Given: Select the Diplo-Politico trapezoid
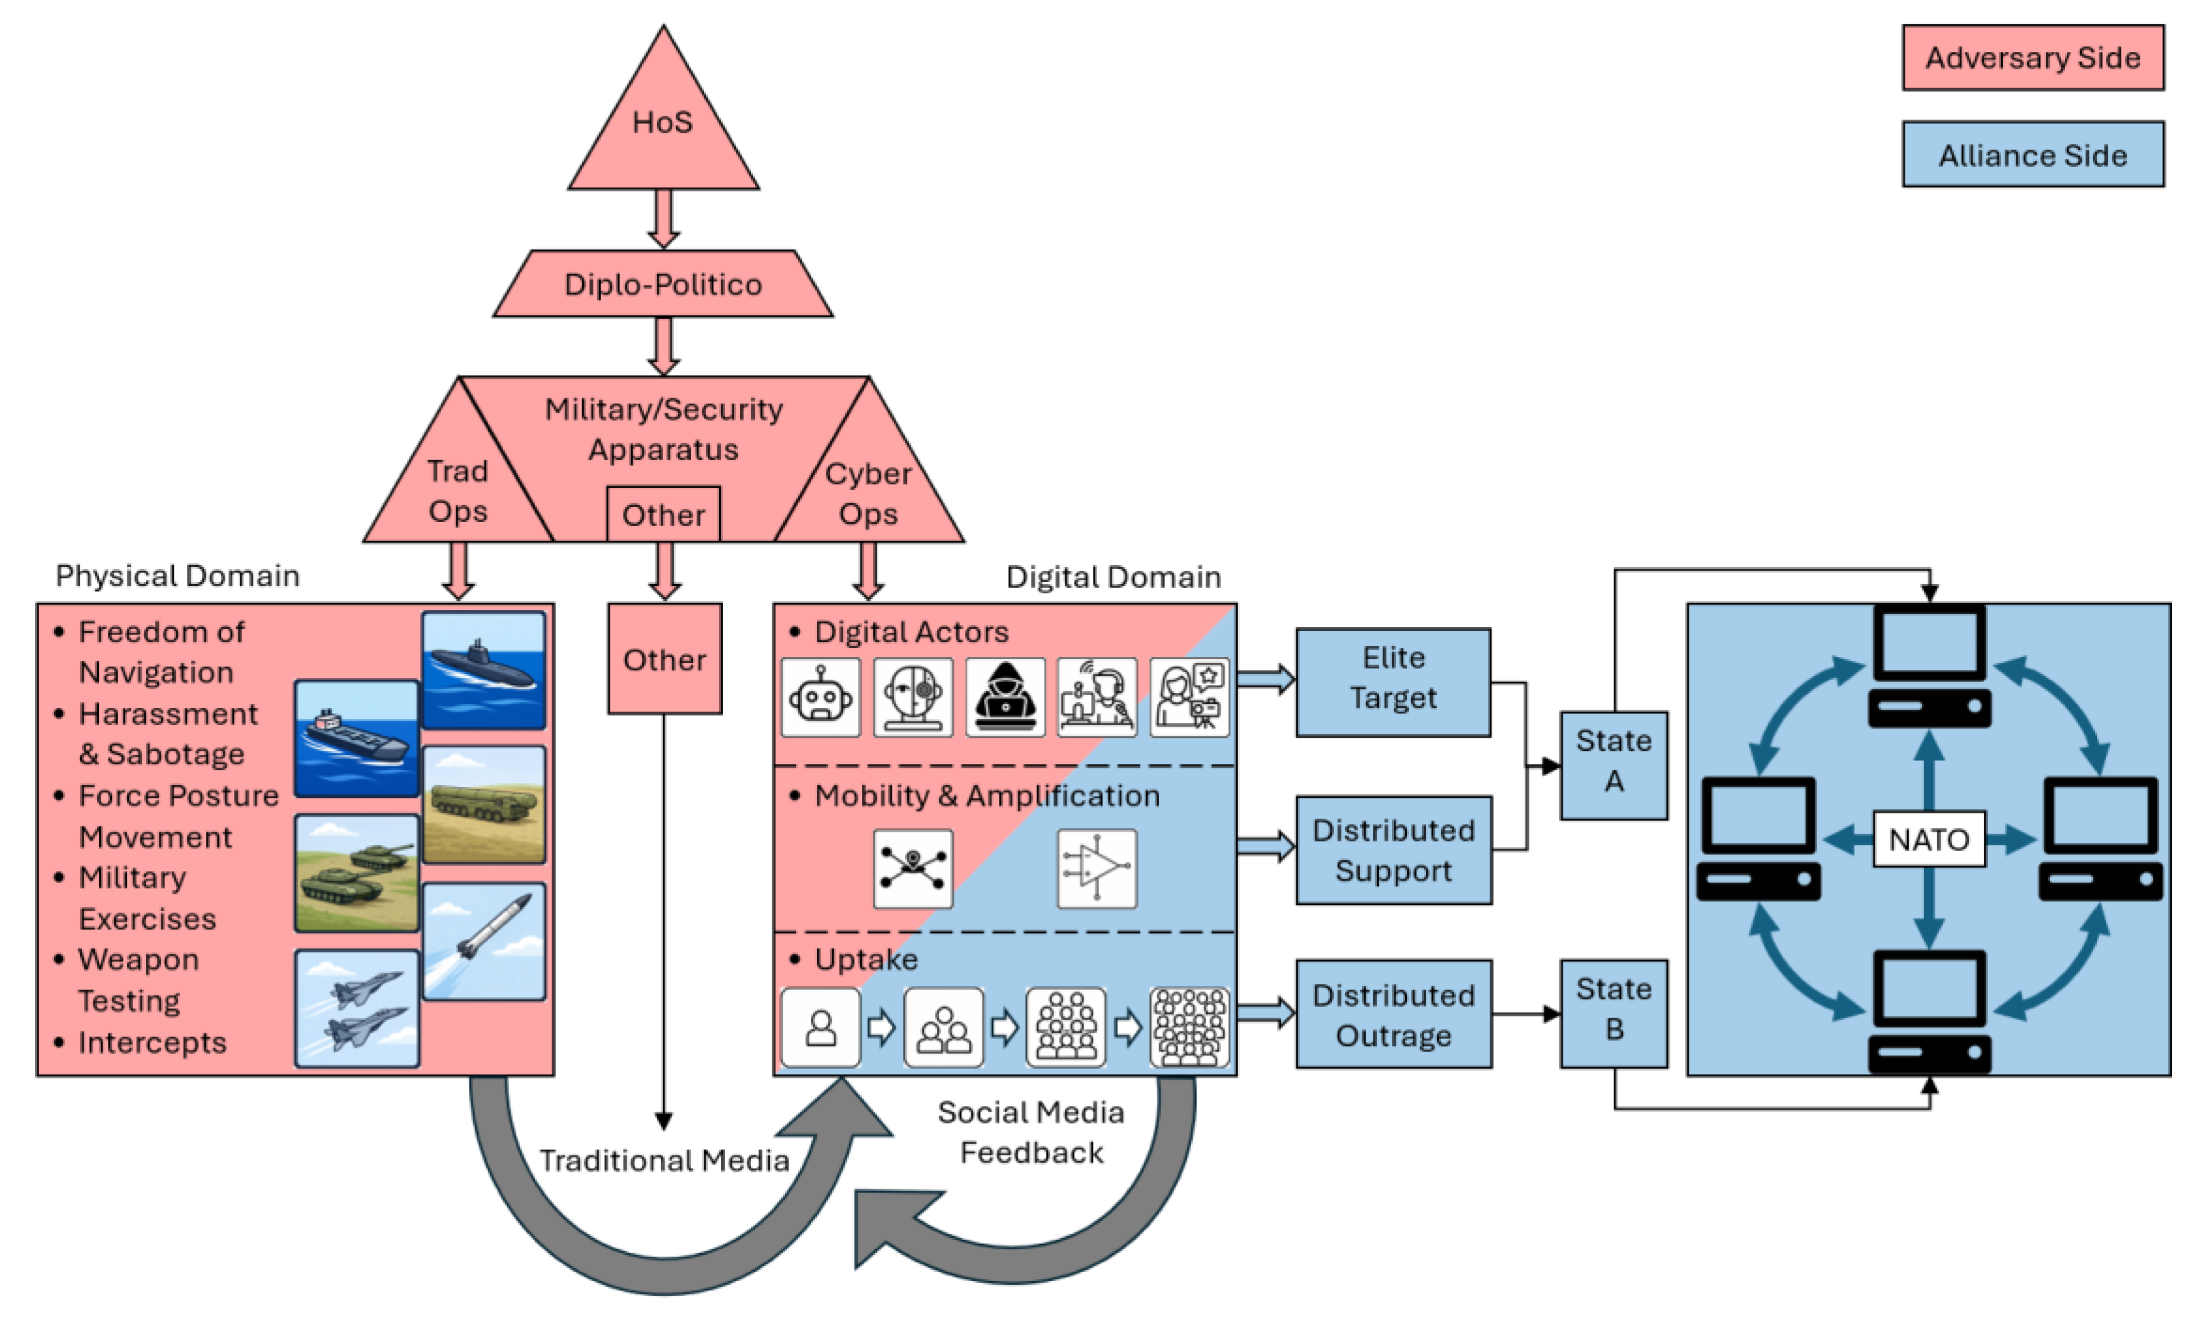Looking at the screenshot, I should tap(663, 285).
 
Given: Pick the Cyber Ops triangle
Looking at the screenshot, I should tap(868, 494).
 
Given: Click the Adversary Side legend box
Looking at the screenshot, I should tap(2032, 58).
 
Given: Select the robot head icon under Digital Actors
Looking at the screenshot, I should tap(821, 697).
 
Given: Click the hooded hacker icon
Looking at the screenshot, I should tap(1005, 697).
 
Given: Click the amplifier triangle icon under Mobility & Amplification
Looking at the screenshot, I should tap(1097, 868).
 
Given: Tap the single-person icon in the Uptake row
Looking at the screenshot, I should tap(821, 1027).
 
